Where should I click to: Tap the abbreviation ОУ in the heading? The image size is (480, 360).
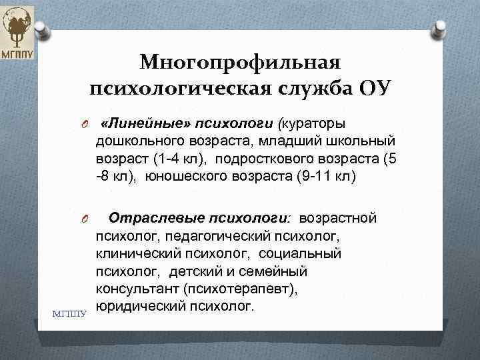click(x=375, y=87)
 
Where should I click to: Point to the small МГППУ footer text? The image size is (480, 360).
click(x=69, y=311)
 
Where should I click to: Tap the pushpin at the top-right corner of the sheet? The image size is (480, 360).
click(x=440, y=29)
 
